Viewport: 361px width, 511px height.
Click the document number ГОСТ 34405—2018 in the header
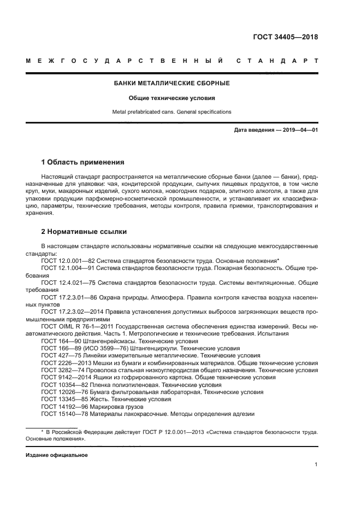tap(285, 38)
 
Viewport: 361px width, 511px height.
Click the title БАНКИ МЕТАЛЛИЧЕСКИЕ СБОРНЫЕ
tap(171, 84)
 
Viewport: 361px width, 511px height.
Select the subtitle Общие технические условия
tap(171, 98)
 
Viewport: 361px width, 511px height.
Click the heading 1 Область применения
tap(83, 162)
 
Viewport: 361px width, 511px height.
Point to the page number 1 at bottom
tap(316, 465)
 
